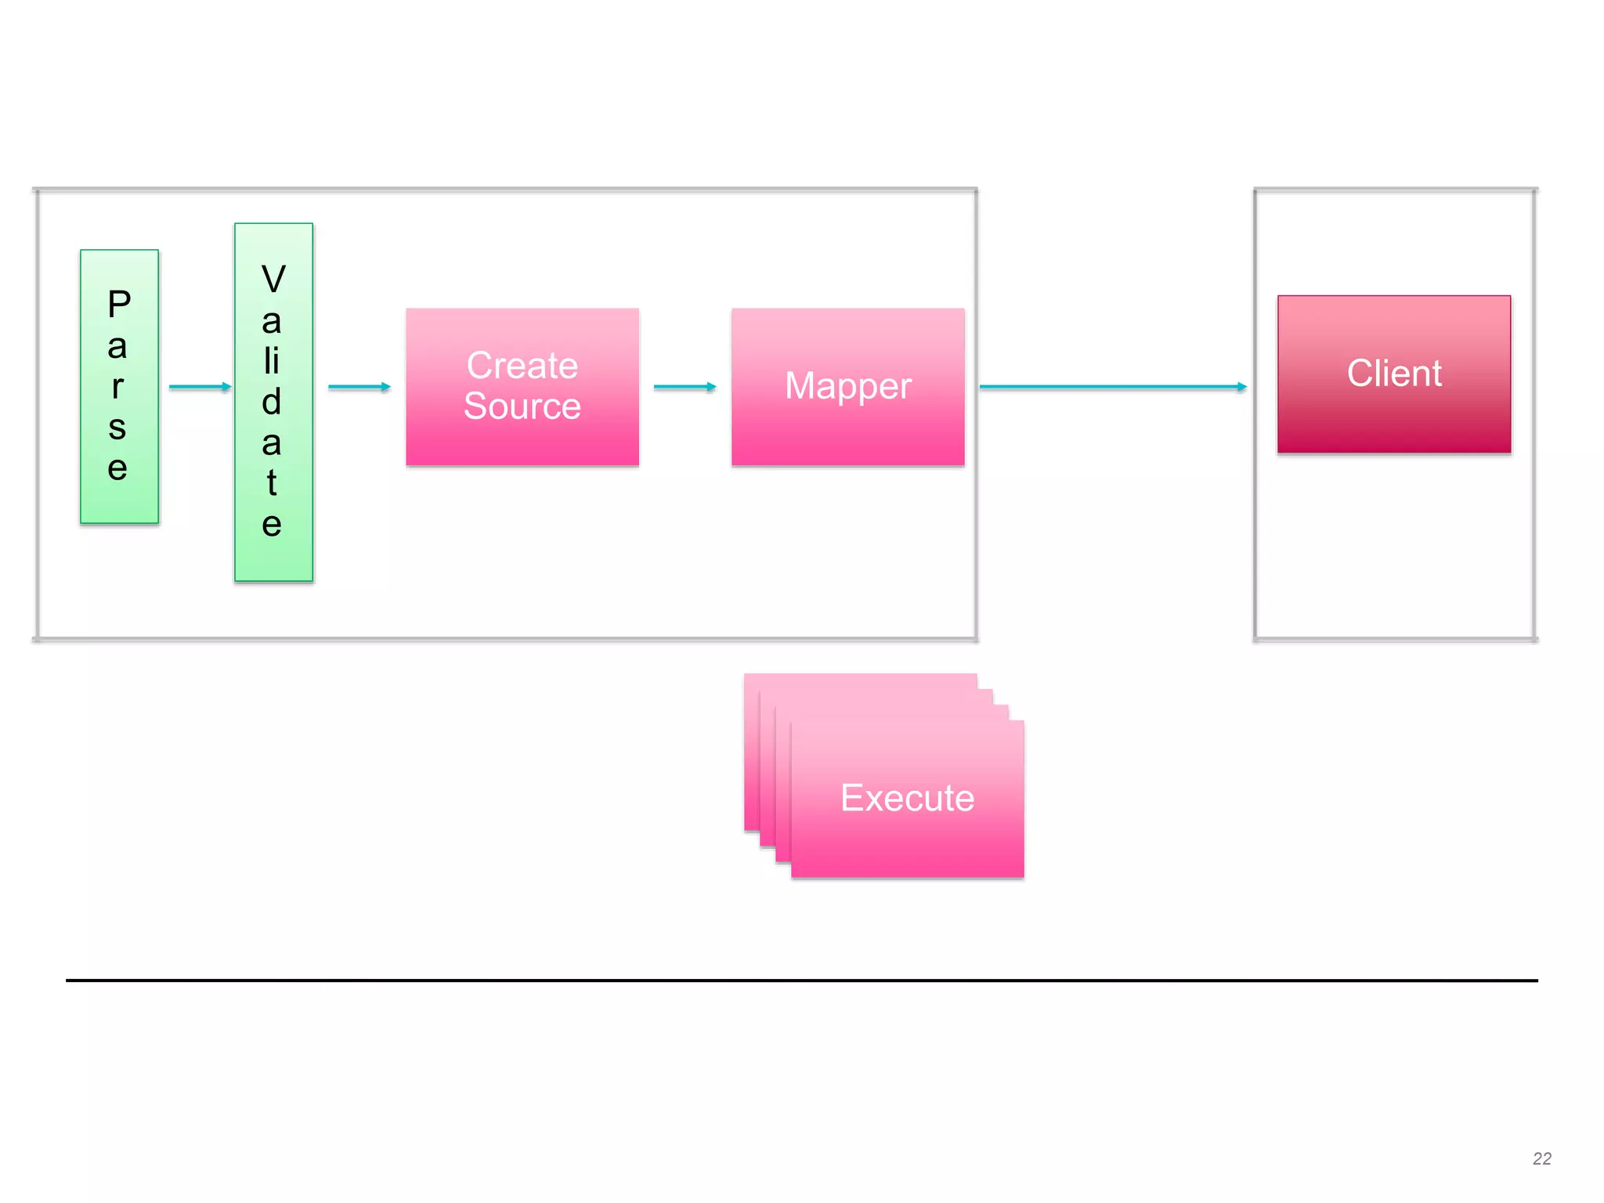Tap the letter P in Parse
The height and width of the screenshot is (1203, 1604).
tap(119, 304)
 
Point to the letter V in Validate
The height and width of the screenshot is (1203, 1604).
tap(273, 280)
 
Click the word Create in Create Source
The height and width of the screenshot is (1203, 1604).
tap(522, 366)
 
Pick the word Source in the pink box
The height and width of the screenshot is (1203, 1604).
tap(522, 406)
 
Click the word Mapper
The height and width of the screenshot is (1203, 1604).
tap(847, 386)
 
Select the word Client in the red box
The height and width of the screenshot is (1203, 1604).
tap(1393, 374)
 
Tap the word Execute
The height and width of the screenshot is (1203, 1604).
tap(907, 798)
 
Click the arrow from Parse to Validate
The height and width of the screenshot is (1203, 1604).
tap(199, 387)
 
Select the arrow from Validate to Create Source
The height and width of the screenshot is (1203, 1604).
tap(358, 387)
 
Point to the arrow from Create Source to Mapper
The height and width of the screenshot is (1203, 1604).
tap(684, 387)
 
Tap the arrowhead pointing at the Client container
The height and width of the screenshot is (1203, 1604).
tap(1241, 387)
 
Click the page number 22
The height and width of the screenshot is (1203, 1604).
tap(1541, 1158)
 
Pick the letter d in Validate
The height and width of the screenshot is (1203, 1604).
tap(272, 402)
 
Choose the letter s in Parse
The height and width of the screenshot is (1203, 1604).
tap(117, 428)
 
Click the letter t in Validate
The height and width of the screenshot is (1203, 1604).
tap(272, 482)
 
